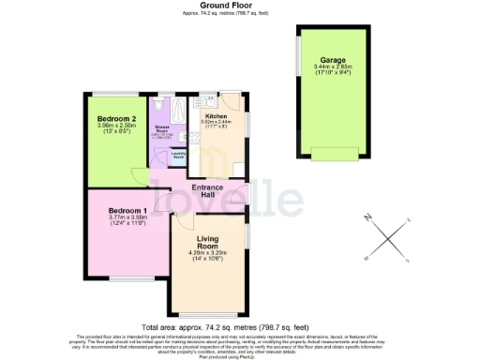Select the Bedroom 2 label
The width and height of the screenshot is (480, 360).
pyautogui.click(x=122, y=119)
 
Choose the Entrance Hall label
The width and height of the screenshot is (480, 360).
pyautogui.click(x=207, y=193)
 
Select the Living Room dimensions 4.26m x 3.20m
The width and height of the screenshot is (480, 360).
pyautogui.click(x=209, y=255)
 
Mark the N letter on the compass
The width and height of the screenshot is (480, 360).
pyautogui.click(x=369, y=217)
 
